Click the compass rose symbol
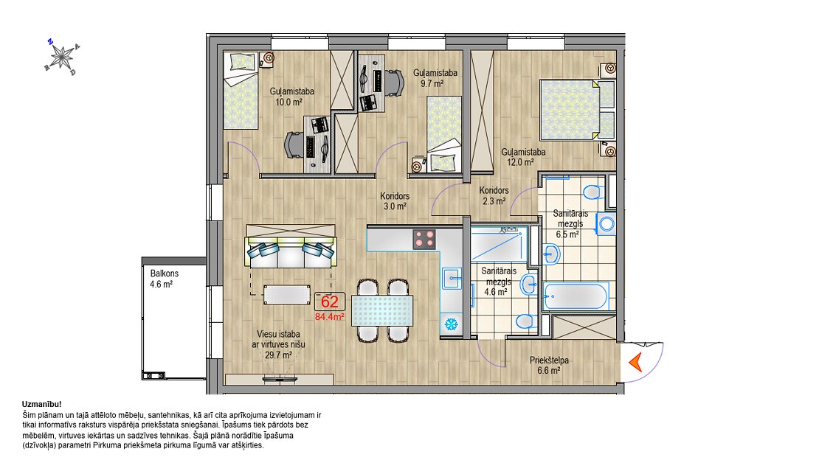(62, 56)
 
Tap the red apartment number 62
(330, 302)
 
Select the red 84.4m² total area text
(330, 316)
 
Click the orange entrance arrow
(635, 362)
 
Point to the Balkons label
(165, 273)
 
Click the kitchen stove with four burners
(424, 239)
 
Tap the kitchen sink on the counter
(452, 279)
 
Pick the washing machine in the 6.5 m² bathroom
(607, 223)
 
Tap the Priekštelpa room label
(549, 360)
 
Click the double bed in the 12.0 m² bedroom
(577, 110)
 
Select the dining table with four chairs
(382, 310)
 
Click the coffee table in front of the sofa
(286, 294)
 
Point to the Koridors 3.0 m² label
(395, 201)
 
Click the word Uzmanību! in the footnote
(42, 404)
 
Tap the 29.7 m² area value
(278, 355)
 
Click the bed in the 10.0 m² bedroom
(242, 91)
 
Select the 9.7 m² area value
(432, 83)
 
